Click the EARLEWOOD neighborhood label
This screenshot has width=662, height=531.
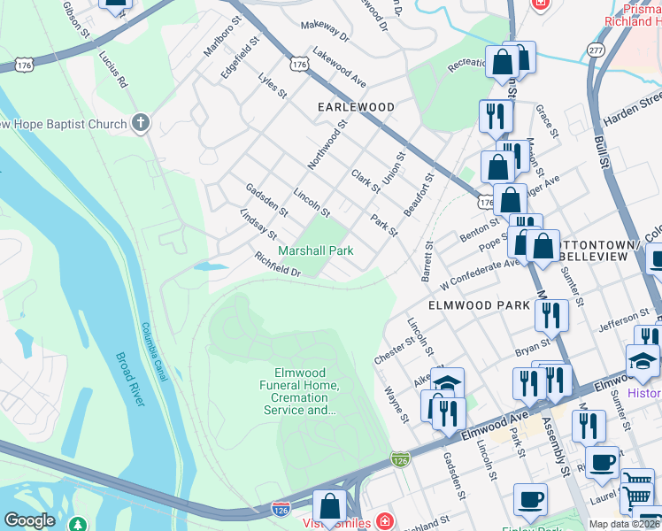click(356, 106)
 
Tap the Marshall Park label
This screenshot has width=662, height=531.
click(316, 250)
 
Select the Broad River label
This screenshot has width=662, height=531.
click(129, 381)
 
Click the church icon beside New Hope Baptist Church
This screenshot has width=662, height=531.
click(141, 124)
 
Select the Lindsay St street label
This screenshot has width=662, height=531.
click(258, 224)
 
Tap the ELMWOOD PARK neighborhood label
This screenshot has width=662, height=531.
click(479, 304)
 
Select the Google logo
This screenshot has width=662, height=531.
click(29, 520)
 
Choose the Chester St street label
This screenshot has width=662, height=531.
click(396, 347)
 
